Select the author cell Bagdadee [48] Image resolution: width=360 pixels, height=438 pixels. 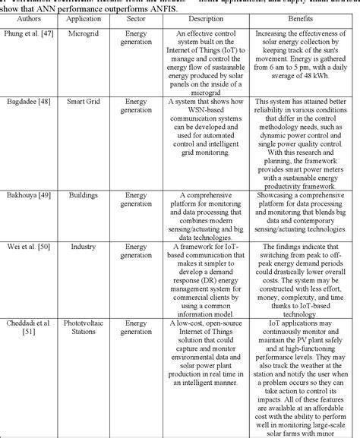(x=28, y=101)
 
